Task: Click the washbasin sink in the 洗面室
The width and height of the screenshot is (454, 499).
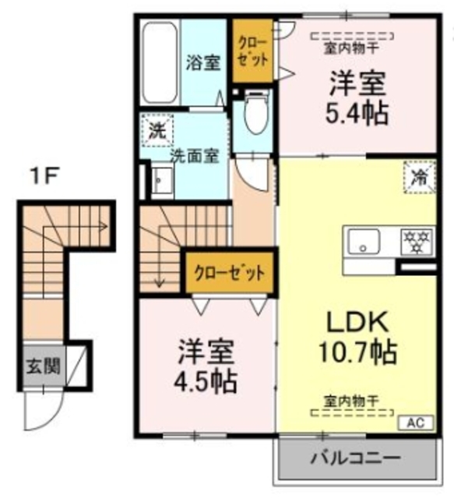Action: pyautogui.click(x=160, y=182)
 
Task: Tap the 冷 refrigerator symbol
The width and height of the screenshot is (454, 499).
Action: pyautogui.click(x=418, y=175)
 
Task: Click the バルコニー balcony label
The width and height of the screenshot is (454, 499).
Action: pyautogui.click(x=356, y=458)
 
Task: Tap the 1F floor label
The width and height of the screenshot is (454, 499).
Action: pyautogui.click(x=45, y=176)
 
